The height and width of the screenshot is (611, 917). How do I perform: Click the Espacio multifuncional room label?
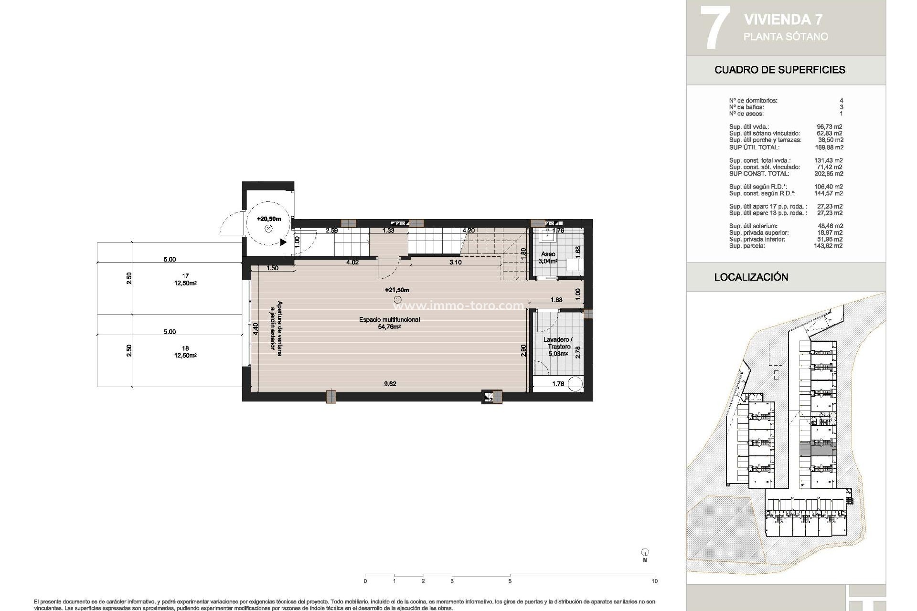[389, 320]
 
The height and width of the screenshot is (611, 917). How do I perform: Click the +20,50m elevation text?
[268, 219]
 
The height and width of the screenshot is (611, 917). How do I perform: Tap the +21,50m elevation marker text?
[397, 290]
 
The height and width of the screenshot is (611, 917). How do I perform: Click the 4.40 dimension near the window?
[256, 330]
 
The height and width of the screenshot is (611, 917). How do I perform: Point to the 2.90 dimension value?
[523, 350]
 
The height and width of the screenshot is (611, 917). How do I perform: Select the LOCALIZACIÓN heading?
[751, 277]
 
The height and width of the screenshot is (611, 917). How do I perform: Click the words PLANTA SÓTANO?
[786, 37]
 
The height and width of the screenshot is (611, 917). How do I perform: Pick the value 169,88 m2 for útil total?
[829, 147]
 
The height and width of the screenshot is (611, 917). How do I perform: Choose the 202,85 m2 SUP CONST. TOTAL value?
[829, 174]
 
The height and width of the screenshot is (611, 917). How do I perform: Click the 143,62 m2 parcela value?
[829, 246]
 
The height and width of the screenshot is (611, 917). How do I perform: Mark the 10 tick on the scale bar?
[654, 581]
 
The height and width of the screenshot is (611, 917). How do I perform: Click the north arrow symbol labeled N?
[645, 553]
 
